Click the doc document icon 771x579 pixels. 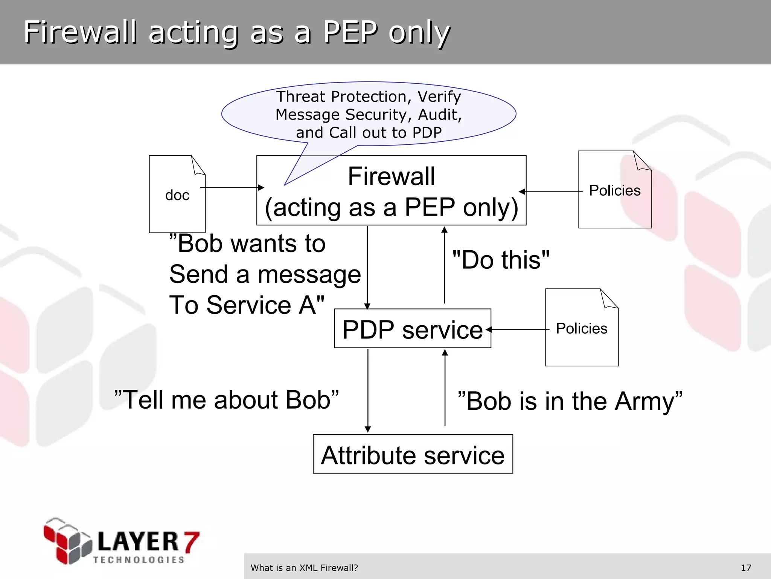click(177, 194)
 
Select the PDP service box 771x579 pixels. click(412, 328)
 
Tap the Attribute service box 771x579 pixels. click(413, 454)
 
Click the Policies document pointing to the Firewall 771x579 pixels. click(615, 190)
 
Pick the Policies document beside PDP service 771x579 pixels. click(582, 328)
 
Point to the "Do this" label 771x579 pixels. click(501, 260)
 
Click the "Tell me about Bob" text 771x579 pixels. click(226, 400)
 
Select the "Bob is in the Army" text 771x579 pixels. click(570, 401)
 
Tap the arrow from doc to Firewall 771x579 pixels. click(232, 187)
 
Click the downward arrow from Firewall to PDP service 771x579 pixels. click(367, 267)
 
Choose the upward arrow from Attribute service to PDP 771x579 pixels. click(445, 388)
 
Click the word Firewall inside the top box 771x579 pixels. click(391, 176)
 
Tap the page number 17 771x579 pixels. click(746, 568)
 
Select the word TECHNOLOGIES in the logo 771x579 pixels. click(139, 560)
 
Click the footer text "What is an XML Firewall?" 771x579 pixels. click(304, 568)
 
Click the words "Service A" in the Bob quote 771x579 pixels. click(265, 305)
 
